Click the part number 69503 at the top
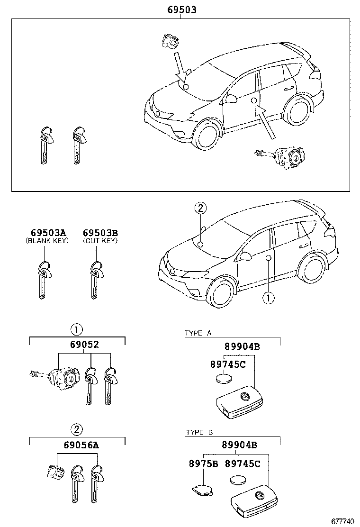click(x=181, y=9)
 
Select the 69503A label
click(x=48, y=233)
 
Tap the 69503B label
click(x=100, y=233)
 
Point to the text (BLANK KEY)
click(x=47, y=241)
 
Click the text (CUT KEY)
click(x=100, y=241)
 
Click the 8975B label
click(x=202, y=463)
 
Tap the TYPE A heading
click(x=198, y=334)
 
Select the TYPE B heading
click(x=198, y=432)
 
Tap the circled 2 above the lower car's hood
click(x=200, y=208)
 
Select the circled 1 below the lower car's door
click(x=268, y=298)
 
